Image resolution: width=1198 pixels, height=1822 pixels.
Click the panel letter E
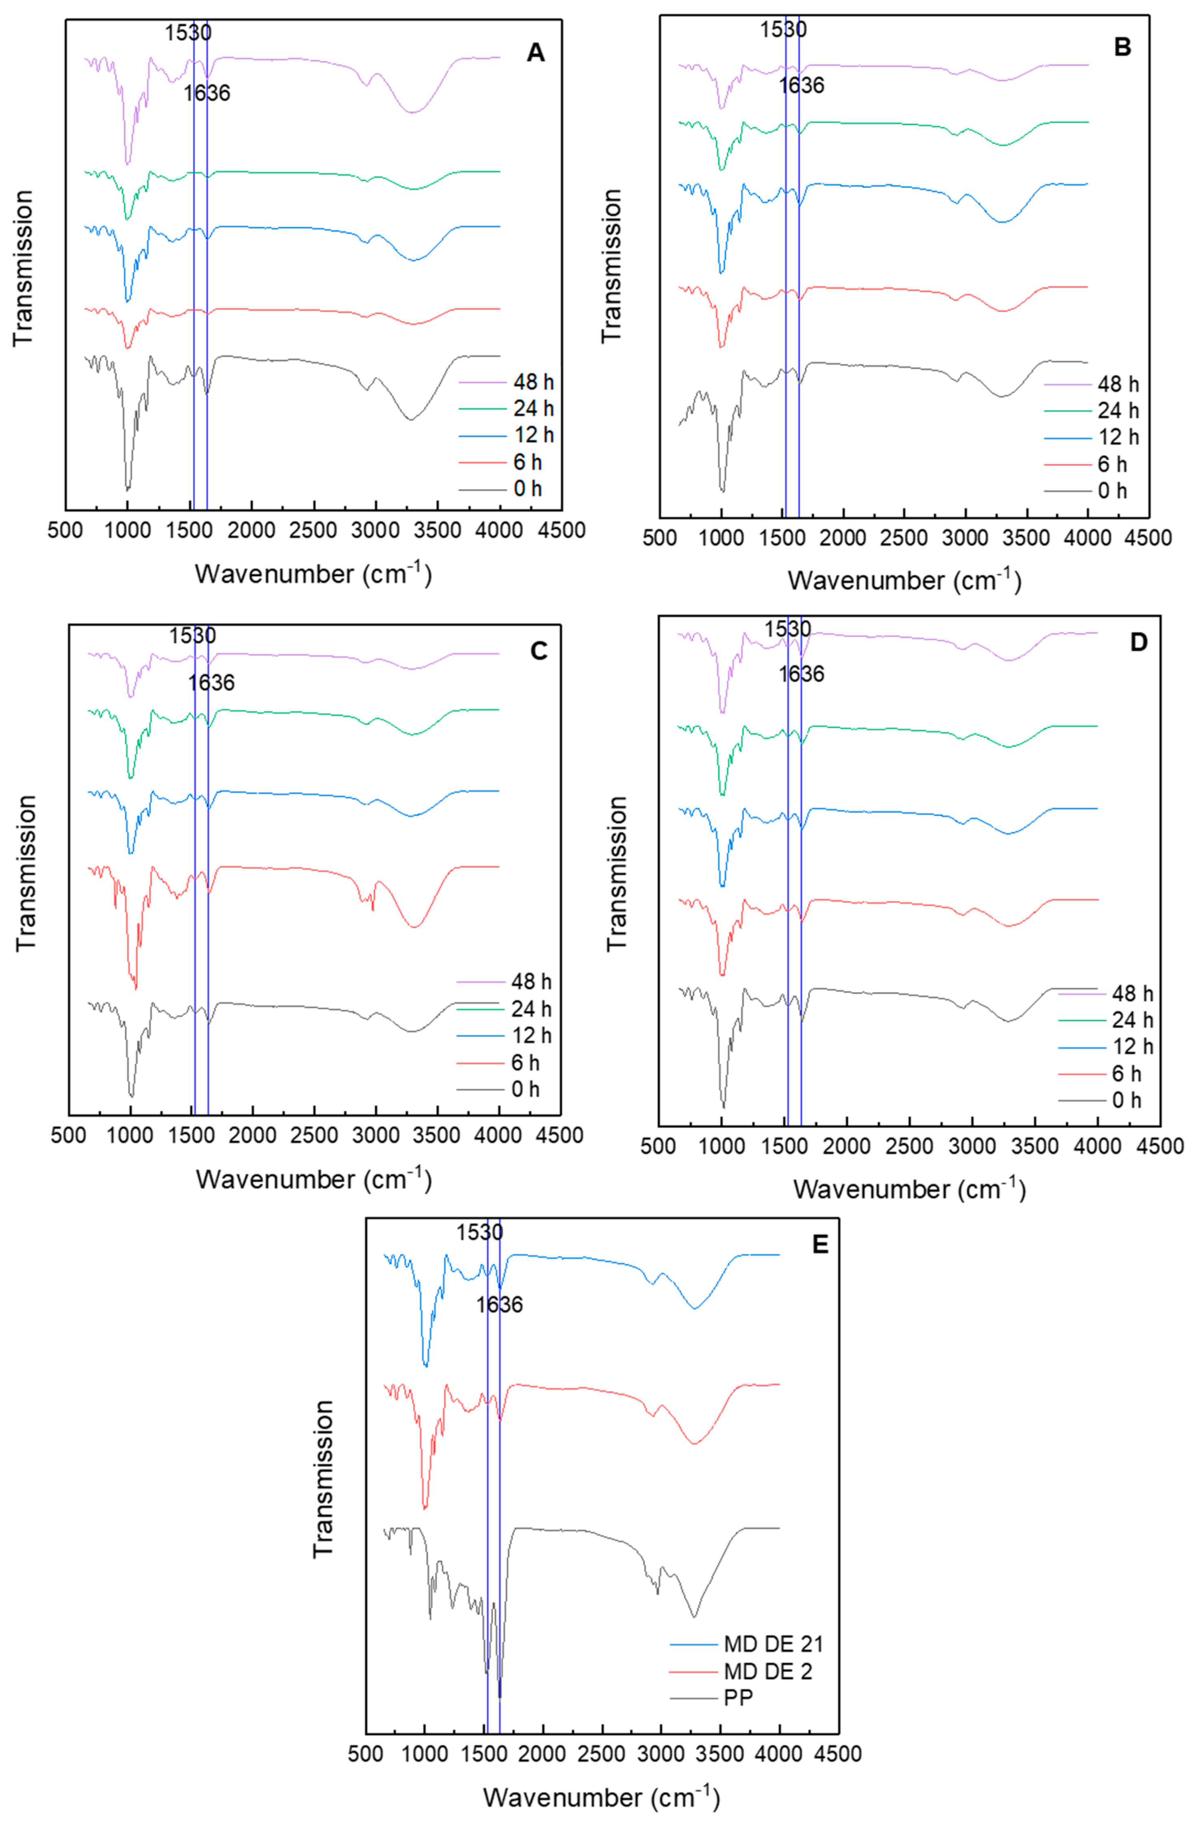tap(820, 1244)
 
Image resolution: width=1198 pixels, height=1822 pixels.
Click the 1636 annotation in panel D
tap(802, 674)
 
